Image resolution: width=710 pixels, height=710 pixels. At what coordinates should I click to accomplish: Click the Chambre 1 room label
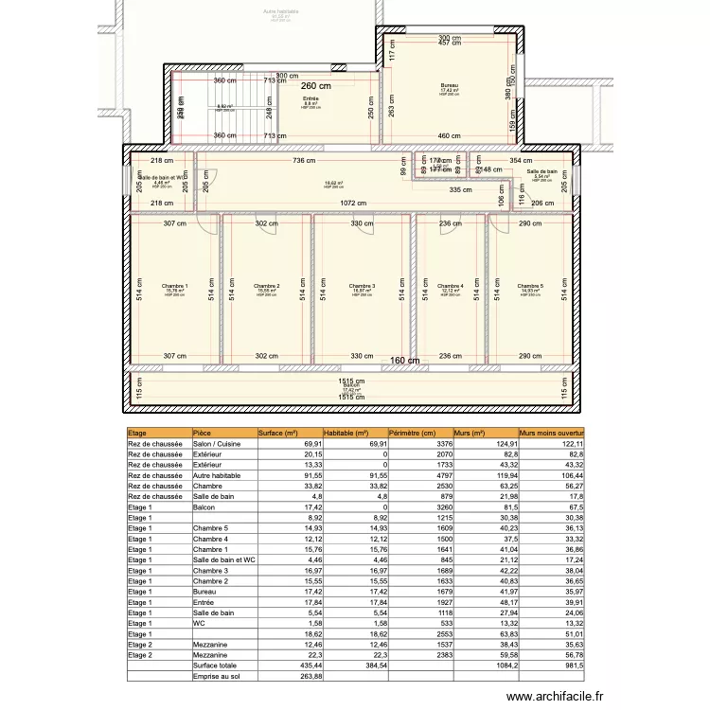(175, 286)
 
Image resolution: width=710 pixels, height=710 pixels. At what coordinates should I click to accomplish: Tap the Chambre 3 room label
(362, 286)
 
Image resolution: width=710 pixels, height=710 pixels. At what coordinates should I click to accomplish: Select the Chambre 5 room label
(531, 286)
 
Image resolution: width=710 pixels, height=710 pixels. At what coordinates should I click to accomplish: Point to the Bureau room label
(449, 85)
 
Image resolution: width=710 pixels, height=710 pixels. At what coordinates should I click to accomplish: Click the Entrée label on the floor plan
(311, 98)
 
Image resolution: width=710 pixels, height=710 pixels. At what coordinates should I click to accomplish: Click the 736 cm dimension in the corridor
(304, 162)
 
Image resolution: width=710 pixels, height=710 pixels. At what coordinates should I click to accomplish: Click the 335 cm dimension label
(461, 190)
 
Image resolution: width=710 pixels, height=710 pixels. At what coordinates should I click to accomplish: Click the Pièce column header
(203, 433)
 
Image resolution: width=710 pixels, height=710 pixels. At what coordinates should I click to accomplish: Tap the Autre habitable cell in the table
(216, 475)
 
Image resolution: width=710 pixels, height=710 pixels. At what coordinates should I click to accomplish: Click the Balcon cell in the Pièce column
(204, 507)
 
